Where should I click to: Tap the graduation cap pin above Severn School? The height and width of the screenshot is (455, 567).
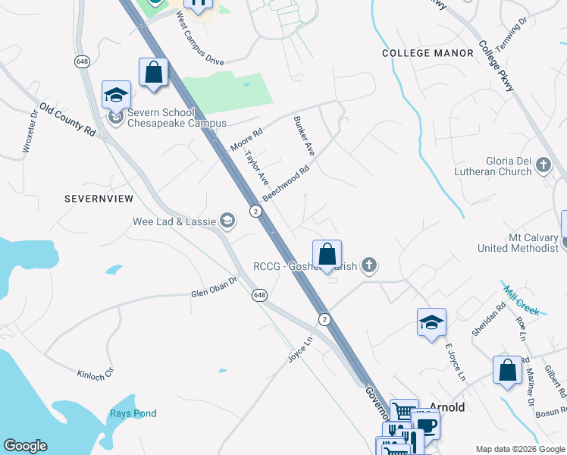click(116, 95)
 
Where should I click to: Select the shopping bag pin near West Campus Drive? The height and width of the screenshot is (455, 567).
click(153, 74)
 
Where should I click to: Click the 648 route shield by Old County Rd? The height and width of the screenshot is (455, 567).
click(83, 61)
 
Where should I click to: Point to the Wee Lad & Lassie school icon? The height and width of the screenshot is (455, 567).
click(227, 221)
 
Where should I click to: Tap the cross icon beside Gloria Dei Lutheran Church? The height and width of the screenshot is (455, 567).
click(543, 165)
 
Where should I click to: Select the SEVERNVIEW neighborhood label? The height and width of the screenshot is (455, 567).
click(100, 199)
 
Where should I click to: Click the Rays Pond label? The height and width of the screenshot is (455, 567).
click(133, 413)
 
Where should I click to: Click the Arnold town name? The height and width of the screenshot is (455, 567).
click(447, 407)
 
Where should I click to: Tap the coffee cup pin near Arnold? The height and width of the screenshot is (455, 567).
click(425, 423)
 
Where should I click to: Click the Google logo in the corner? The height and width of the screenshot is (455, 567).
click(25, 446)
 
